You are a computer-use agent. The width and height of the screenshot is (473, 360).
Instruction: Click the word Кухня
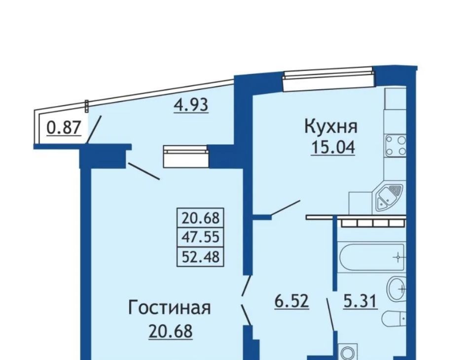(x=331, y=127)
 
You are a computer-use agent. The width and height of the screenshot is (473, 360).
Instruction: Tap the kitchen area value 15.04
(x=333, y=147)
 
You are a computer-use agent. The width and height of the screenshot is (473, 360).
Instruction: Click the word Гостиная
(x=170, y=308)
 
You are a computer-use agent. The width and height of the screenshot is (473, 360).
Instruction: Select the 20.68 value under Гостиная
(x=171, y=331)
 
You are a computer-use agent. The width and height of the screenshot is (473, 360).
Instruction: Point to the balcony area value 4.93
(x=191, y=105)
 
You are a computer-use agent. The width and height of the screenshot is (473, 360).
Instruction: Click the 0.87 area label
(x=64, y=128)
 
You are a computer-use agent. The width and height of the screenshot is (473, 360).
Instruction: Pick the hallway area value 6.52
(x=291, y=301)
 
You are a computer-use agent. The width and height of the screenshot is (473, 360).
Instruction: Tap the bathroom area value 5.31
(x=361, y=301)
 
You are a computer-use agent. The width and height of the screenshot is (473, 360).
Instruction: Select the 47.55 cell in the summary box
(x=200, y=238)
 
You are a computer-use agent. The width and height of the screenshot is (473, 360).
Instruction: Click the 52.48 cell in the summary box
(x=200, y=257)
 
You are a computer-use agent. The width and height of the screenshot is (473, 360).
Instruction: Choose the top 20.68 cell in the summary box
(x=200, y=218)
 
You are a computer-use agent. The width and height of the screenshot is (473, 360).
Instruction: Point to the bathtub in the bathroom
(x=372, y=258)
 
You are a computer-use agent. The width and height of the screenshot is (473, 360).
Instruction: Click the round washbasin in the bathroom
(x=396, y=289)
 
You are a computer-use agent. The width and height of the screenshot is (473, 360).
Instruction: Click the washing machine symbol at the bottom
(x=348, y=352)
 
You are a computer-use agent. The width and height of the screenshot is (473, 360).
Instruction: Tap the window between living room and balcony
(x=186, y=156)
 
